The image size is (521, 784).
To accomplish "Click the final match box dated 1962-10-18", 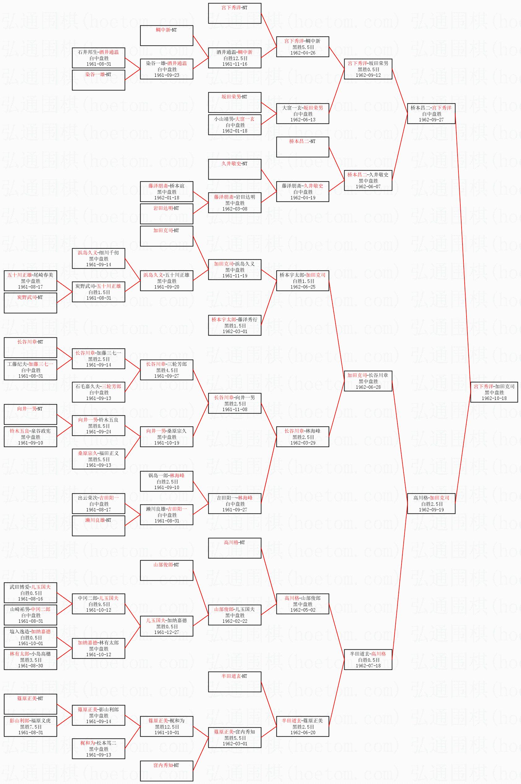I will pyautogui.click(x=494, y=392).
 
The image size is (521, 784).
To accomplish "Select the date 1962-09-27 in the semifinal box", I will pyautogui.click(x=431, y=119).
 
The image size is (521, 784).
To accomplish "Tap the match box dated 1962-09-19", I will pyautogui.click(x=431, y=504).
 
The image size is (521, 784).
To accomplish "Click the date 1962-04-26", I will pyautogui.click(x=303, y=53).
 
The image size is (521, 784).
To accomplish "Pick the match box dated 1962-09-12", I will pyautogui.click(x=368, y=69).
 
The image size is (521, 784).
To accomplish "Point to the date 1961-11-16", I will pyautogui.click(x=235, y=64).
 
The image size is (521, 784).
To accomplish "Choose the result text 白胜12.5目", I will pyautogui.click(x=235, y=58).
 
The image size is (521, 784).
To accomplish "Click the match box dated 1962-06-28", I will pyautogui.click(x=368, y=381).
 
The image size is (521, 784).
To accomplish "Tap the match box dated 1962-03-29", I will pyautogui.click(x=303, y=437).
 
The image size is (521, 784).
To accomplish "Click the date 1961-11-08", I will pyautogui.click(x=235, y=409).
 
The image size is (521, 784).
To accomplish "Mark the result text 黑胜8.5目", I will pyautogui.click(x=99, y=426).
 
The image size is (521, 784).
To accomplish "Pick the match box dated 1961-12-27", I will pyautogui.click(x=167, y=626).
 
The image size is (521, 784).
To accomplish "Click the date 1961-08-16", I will pyautogui.click(x=31, y=599).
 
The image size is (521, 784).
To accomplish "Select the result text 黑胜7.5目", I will pyautogui.click(x=31, y=726).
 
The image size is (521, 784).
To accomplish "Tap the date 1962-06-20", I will pyautogui.click(x=303, y=733).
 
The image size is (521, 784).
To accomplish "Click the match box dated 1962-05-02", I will pyautogui.click(x=303, y=604).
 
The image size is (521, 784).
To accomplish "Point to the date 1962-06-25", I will pyautogui.click(x=303, y=287).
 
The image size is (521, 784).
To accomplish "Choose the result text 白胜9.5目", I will pyautogui.click(x=99, y=604).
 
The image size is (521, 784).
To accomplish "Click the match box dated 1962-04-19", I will pyautogui.click(x=303, y=192).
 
